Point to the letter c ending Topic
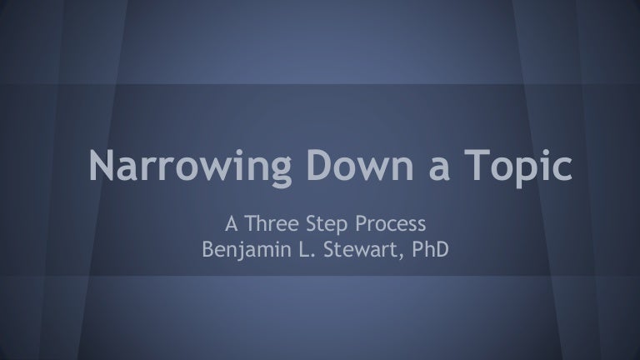click(x=562, y=169)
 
